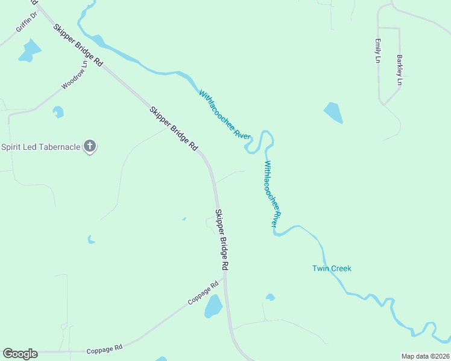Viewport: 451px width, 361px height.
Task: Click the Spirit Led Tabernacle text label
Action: [41, 147]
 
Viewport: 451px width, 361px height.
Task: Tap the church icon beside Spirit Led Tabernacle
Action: [90, 146]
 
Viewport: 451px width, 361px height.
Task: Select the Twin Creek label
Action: [332, 268]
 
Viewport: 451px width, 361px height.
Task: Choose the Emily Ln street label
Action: [378, 51]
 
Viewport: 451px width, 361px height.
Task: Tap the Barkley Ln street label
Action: [399, 70]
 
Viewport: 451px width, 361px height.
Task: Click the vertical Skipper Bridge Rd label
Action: [221, 239]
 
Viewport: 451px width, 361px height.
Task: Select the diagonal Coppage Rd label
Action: [203, 294]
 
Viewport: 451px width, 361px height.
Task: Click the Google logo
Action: [20, 354]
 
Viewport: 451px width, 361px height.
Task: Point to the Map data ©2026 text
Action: [424, 356]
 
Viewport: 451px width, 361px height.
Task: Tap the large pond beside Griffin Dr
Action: [28, 52]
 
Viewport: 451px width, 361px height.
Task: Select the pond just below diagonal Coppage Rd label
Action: [213, 307]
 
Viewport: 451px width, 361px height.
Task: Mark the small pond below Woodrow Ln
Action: [58, 111]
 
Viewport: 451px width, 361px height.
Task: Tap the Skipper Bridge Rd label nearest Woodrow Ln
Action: [78, 45]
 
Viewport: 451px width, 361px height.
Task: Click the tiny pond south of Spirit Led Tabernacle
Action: [91, 240]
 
